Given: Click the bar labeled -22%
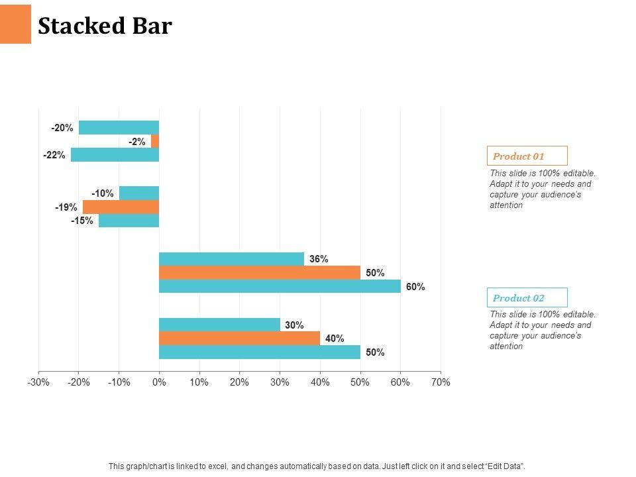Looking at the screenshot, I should click(x=115, y=155).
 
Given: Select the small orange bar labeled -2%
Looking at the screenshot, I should click(x=155, y=141).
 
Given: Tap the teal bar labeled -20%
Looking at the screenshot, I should click(x=119, y=127).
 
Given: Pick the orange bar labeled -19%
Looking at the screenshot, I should click(x=121, y=207).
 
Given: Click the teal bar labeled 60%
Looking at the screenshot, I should click(x=280, y=286).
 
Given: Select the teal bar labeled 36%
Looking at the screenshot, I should click(x=231, y=259).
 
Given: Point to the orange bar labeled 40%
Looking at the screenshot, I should click(x=239, y=338).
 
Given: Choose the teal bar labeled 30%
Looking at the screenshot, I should click(x=219, y=325).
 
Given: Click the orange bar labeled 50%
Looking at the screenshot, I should click(x=260, y=272).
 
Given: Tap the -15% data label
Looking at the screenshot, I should click(x=82, y=221).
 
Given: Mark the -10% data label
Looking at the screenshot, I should click(x=103, y=193).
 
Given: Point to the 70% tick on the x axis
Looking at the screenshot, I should click(x=441, y=382).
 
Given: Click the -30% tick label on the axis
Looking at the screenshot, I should click(x=38, y=382).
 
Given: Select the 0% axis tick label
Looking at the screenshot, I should click(x=159, y=382).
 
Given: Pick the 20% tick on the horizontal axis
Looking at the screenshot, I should click(x=239, y=382).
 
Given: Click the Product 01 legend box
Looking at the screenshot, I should click(x=527, y=156).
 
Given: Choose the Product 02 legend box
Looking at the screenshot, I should click(x=527, y=297).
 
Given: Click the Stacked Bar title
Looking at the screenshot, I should click(x=105, y=26).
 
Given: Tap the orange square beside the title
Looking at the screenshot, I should click(x=15, y=24).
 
